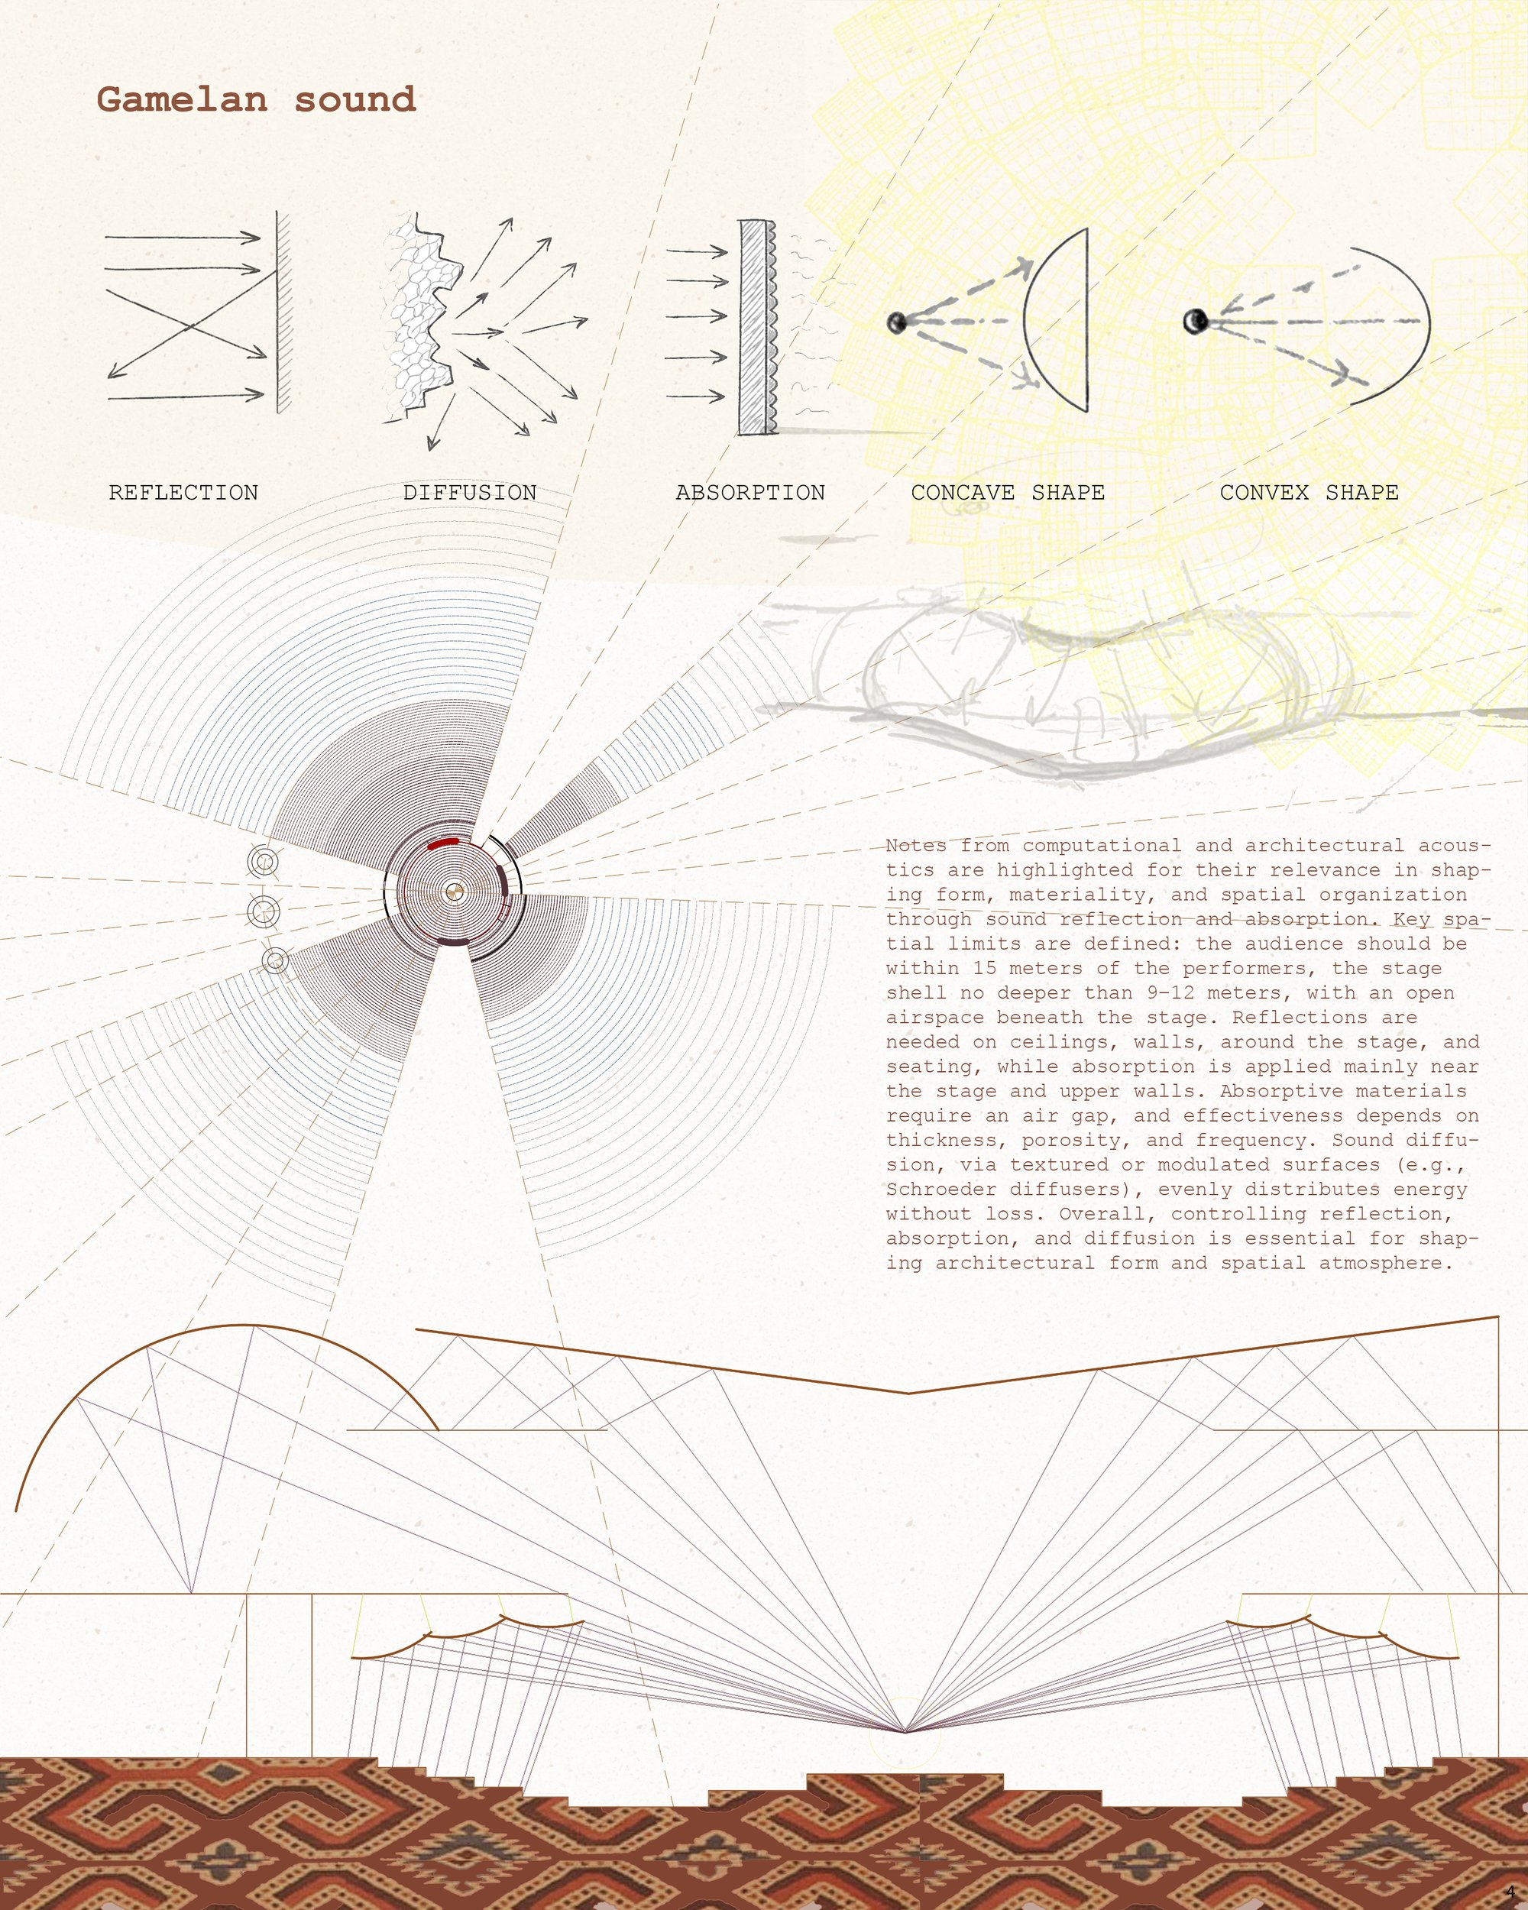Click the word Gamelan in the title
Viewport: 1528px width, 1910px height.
[x=182, y=99]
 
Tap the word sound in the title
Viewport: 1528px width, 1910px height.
[x=355, y=99]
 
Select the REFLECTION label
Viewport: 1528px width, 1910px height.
[x=183, y=493]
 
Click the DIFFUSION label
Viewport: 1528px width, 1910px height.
[x=469, y=493]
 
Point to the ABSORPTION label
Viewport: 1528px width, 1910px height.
[x=750, y=493]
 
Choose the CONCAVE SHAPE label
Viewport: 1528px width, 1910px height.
[x=1008, y=493]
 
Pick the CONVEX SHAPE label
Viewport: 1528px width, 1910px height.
[x=1309, y=493]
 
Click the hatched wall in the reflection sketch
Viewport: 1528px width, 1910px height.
[x=283, y=312]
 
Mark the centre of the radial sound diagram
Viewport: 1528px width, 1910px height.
[x=454, y=892]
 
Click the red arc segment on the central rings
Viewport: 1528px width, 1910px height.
[x=443, y=843]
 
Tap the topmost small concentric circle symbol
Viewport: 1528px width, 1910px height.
[x=262, y=862]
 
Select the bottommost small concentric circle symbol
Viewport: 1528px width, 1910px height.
[x=276, y=960]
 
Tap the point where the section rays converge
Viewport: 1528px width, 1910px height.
[x=905, y=1731]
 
